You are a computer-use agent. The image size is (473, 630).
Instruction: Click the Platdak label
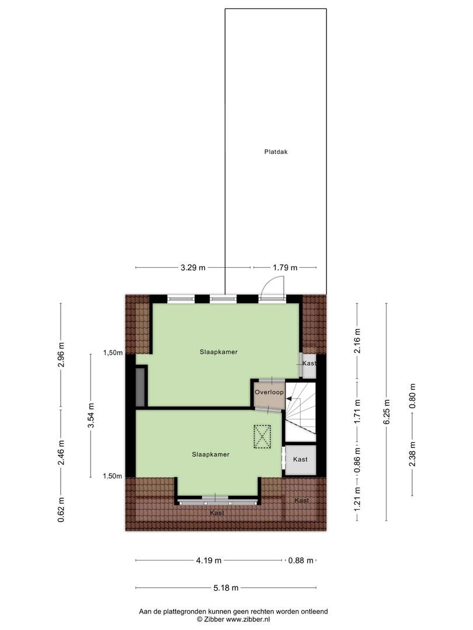[x=276, y=152]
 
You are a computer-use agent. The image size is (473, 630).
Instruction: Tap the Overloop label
[x=269, y=392]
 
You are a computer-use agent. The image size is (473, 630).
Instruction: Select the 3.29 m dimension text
[x=193, y=268]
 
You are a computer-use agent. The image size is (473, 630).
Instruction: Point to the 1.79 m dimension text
[x=285, y=268]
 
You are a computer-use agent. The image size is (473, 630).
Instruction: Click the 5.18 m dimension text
[x=225, y=588]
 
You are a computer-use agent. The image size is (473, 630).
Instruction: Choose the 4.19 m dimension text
[x=208, y=561]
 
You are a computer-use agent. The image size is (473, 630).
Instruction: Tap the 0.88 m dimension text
[x=301, y=561]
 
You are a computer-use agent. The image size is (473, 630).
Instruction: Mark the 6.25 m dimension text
[x=387, y=412]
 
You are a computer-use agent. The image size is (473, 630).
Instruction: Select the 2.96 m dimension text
[x=61, y=355]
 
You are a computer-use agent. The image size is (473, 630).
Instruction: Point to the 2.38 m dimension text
[x=412, y=454]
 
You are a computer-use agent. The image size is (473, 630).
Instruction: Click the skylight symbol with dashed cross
[x=262, y=437]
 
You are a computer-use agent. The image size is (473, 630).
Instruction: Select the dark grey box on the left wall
[x=140, y=387]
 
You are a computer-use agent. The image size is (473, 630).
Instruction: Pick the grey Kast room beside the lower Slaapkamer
[x=301, y=460]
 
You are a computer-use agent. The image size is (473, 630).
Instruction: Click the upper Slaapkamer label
[x=218, y=352]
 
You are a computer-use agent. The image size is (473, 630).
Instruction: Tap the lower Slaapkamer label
[x=210, y=455]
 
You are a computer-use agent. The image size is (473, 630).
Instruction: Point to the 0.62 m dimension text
[x=61, y=509]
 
